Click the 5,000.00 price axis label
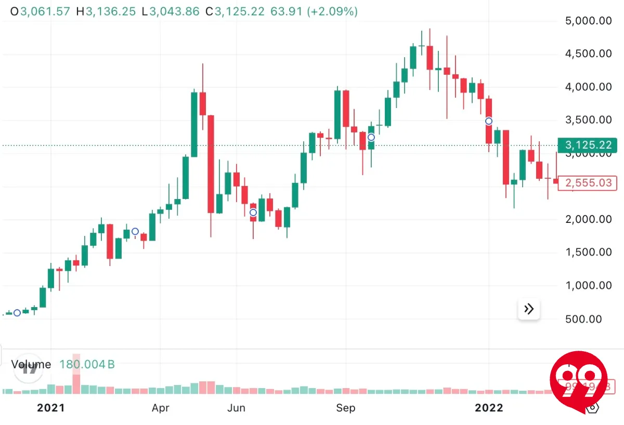coord(588,21)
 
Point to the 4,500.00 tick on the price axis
coord(588,54)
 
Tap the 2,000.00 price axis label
coord(588,219)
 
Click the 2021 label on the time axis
coord(51,408)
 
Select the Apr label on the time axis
coord(161,408)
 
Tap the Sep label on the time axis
coord(346,408)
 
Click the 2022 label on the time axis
coord(489,408)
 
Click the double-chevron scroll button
coord(529,310)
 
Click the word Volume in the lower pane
coord(31,364)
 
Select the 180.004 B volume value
coord(87,364)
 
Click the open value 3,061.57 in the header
coord(45,11)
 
